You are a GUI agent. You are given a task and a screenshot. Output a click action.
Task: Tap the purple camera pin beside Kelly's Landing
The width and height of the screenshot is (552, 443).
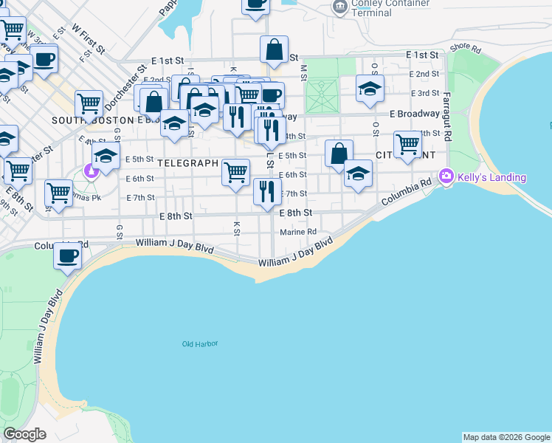[x=446, y=177]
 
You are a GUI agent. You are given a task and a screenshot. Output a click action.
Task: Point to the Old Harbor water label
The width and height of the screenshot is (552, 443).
[x=201, y=344]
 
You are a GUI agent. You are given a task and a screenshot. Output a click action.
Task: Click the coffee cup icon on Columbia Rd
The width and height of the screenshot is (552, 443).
[x=67, y=256]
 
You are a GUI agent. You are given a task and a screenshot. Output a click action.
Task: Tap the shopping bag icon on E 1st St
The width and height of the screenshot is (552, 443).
[x=274, y=50]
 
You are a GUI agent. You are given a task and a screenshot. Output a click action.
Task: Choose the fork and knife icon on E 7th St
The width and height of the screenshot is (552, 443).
[x=267, y=191]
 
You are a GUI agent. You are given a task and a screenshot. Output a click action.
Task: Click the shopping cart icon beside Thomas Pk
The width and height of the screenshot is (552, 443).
[x=58, y=193]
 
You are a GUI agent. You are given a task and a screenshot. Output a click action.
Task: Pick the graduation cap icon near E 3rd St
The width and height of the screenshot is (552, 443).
[x=370, y=89]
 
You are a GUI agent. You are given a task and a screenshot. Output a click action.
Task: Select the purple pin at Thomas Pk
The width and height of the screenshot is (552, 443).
[x=92, y=173]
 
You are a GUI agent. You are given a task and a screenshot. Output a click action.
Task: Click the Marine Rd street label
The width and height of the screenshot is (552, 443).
[x=298, y=232]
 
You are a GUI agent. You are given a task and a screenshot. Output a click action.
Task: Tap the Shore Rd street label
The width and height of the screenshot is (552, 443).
[x=465, y=48]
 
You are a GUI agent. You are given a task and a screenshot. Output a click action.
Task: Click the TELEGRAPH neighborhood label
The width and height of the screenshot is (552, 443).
[x=187, y=162]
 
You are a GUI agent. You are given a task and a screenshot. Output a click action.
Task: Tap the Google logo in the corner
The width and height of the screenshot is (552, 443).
[x=24, y=434]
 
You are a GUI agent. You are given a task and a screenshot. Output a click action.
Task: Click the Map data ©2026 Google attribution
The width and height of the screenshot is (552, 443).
[x=506, y=437]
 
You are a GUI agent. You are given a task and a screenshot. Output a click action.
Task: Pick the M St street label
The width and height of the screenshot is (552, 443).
[x=303, y=72]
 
